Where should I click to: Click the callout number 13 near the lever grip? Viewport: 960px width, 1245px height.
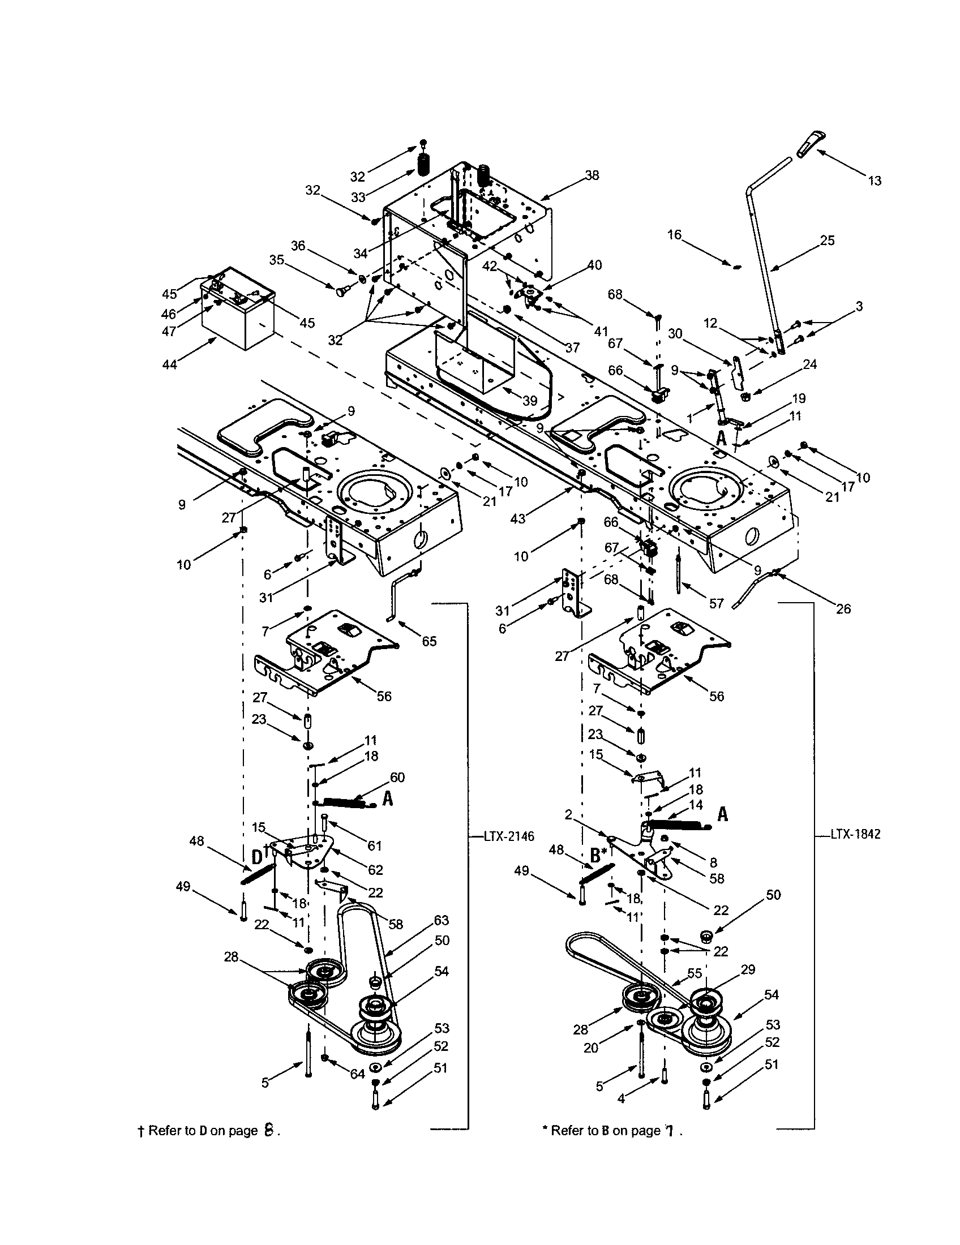(875, 181)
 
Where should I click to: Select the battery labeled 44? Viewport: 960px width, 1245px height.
(238, 310)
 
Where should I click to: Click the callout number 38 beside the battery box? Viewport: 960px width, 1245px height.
(592, 175)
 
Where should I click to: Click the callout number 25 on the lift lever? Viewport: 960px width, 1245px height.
(827, 240)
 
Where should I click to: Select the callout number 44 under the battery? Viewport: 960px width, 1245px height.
(170, 364)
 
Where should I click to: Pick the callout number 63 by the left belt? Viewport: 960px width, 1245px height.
(442, 920)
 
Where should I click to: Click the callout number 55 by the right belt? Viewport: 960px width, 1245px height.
(695, 974)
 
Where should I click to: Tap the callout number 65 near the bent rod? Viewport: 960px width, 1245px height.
(428, 641)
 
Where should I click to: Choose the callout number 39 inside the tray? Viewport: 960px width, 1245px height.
(530, 401)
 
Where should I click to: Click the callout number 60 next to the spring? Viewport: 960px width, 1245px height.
(397, 777)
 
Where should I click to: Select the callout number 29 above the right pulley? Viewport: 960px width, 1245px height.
(748, 969)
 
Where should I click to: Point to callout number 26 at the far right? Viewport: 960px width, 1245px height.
(843, 609)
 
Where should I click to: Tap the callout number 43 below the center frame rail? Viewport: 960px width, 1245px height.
(517, 518)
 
